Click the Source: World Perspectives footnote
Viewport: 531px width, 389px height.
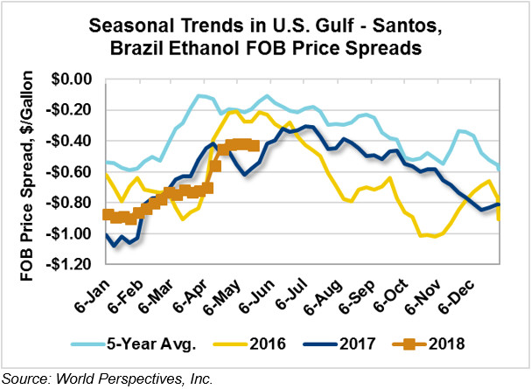[x=107, y=378]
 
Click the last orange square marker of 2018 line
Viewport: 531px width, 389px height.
[x=254, y=146]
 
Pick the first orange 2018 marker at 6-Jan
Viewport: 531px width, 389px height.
[x=108, y=214]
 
